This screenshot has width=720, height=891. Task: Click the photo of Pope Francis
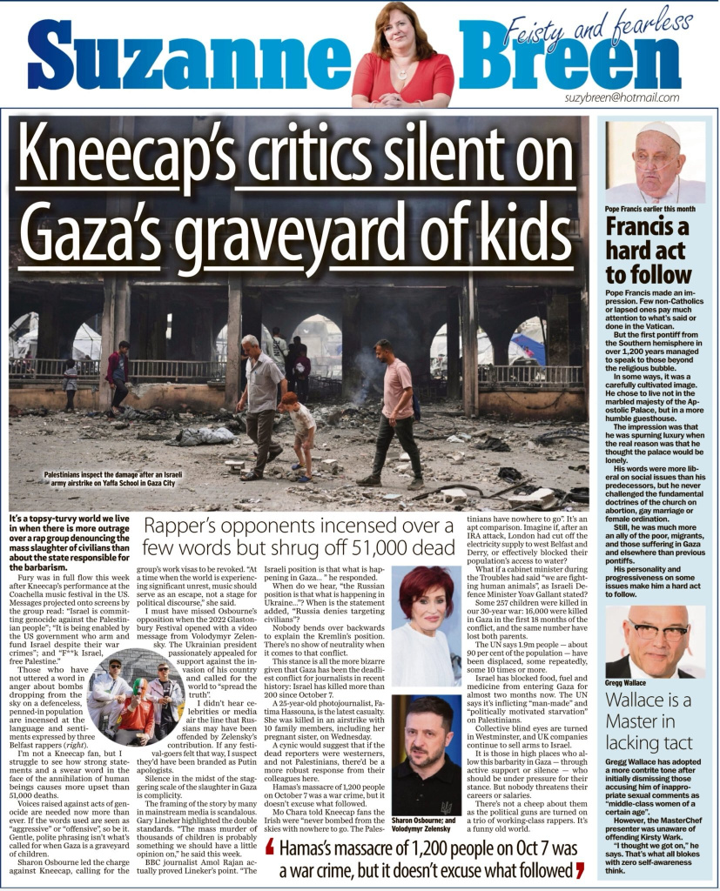click(655, 162)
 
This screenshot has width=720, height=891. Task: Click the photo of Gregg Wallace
click(655, 642)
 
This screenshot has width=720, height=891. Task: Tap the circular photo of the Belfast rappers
click(137, 695)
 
